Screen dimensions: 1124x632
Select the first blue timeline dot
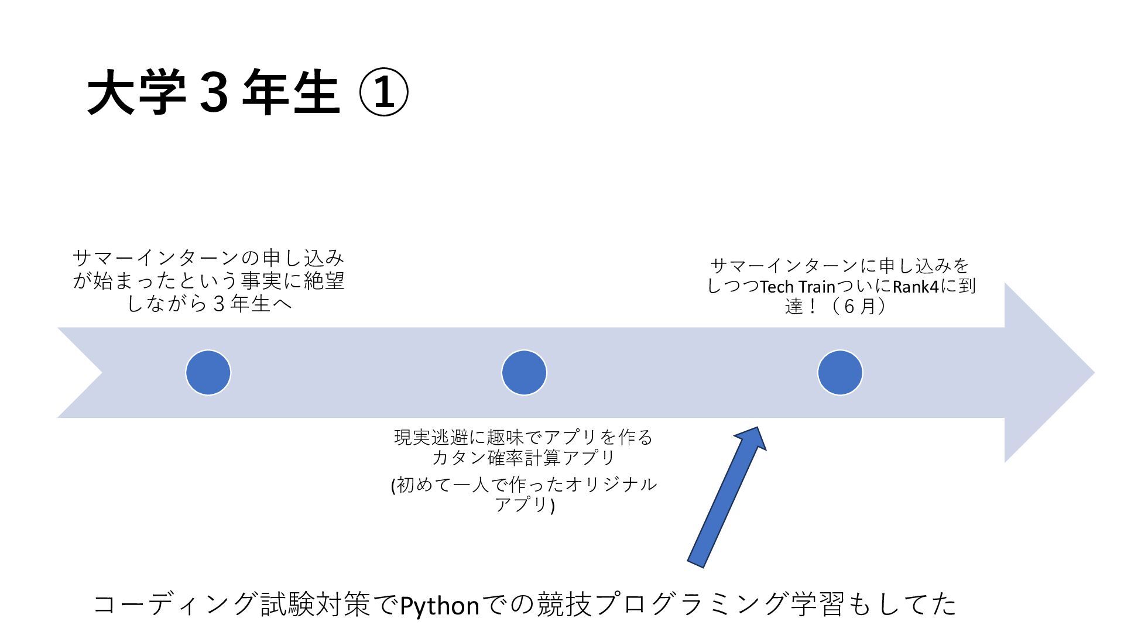coord(208,373)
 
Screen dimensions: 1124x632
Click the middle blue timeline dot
coord(524,373)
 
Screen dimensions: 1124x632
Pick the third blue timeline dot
coord(840,373)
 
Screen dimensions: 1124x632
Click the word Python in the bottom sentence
coord(440,605)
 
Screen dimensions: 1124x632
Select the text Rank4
coord(916,287)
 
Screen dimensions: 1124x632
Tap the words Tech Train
coord(797,287)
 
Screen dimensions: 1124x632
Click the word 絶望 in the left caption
coord(324,281)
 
